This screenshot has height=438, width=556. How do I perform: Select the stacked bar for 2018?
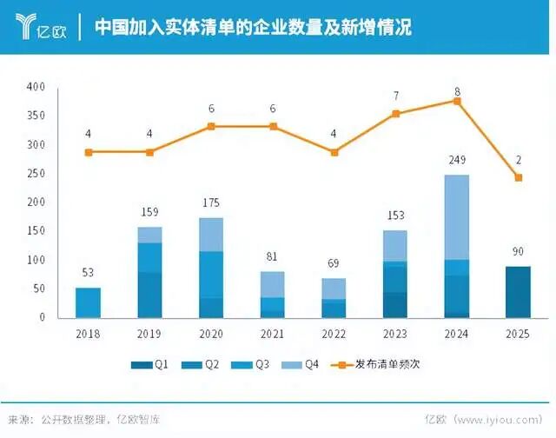[89, 302]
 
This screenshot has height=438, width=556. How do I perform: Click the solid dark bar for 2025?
[518, 292]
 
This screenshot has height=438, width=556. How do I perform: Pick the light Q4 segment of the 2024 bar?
[457, 217]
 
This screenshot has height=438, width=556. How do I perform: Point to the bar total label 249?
[457, 161]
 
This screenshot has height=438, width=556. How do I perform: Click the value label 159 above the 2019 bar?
[150, 212]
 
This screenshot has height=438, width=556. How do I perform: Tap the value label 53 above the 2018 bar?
[89, 273]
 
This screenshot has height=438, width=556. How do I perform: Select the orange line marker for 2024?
[457, 101]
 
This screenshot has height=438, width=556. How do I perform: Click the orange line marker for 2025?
[519, 177]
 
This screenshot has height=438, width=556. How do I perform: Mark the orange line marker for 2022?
[334, 152]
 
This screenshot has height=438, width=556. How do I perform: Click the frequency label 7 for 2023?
[396, 96]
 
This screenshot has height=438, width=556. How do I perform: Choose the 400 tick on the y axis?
[36, 88]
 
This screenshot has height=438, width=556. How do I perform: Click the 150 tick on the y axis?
[36, 231]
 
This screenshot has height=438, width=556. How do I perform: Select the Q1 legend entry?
[151, 365]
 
